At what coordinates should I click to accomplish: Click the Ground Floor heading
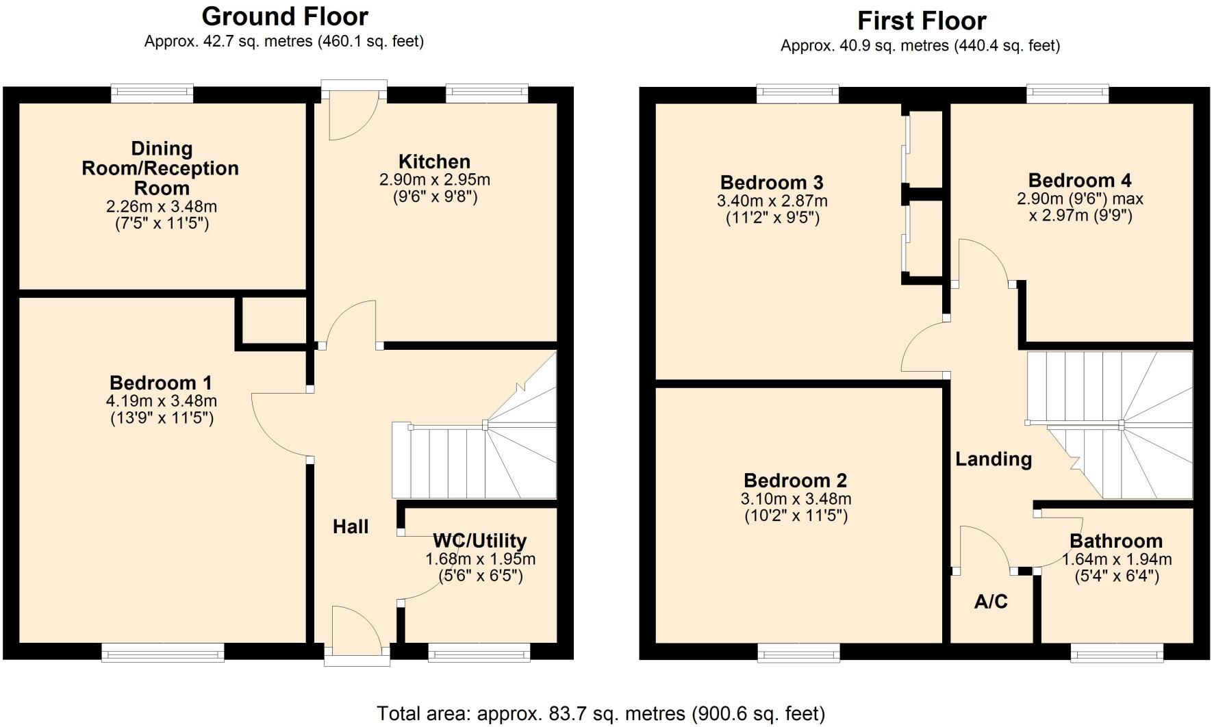click(x=285, y=16)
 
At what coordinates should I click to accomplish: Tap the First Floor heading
click(x=921, y=21)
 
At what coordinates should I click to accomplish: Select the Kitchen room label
click(x=434, y=162)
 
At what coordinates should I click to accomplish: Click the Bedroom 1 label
click(x=161, y=383)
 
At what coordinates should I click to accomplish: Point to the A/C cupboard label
click(x=991, y=602)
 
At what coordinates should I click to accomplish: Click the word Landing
click(x=994, y=459)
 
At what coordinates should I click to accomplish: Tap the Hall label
click(x=351, y=526)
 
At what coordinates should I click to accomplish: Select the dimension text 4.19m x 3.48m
click(x=162, y=401)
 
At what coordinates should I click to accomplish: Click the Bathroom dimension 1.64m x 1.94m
click(x=1117, y=559)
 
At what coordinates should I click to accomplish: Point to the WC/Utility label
click(x=479, y=541)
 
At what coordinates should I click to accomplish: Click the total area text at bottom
click(x=600, y=714)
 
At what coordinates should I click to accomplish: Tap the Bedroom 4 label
click(x=1080, y=181)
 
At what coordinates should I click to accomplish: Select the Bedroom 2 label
click(x=795, y=481)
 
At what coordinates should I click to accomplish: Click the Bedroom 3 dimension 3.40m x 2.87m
click(x=772, y=201)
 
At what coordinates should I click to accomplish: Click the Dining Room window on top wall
click(x=153, y=92)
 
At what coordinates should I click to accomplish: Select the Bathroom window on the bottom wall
click(x=1117, y=653)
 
